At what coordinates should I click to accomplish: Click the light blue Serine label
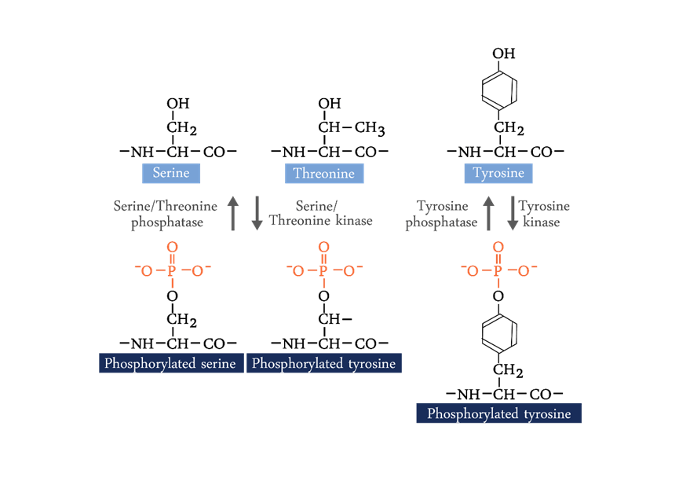171,173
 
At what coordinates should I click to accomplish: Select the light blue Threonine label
323,173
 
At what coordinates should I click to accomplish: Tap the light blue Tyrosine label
498,173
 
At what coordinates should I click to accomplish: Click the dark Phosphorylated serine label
170,363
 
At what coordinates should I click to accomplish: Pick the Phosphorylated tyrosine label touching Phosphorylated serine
323,363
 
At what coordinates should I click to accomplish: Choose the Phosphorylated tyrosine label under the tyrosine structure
498,413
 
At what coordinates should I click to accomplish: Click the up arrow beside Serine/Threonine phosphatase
233,214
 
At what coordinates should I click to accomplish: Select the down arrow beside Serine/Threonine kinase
257,214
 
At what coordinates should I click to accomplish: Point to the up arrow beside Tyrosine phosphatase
489,214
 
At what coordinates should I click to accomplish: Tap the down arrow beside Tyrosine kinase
513,214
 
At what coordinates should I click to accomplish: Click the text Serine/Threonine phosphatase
165,214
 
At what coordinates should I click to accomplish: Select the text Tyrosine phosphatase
442,214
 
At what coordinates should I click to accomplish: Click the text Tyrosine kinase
543,214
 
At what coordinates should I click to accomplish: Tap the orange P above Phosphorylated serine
171,271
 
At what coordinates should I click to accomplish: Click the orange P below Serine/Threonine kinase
323,271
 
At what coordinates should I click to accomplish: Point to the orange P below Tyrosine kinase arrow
498,271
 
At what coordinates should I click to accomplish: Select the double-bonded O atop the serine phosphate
171,248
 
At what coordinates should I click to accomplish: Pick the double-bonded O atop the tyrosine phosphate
498,248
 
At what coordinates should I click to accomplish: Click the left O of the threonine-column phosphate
298,271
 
